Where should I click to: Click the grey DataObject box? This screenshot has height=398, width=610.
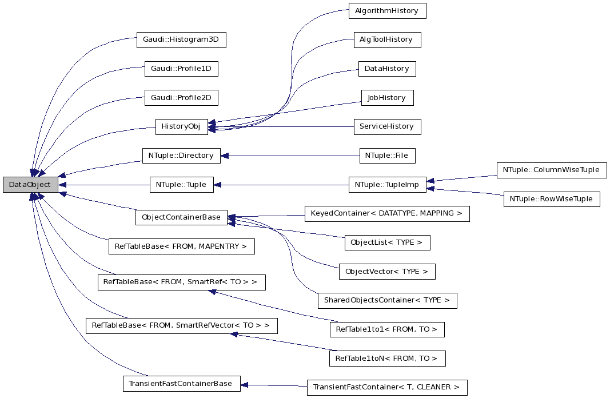(30, 185)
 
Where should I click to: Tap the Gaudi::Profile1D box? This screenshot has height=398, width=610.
(181, 69)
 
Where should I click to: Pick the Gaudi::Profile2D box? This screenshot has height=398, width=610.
(181, 98)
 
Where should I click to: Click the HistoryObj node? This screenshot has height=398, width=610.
(181, 126)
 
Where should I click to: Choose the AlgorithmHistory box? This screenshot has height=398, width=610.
(387, 10)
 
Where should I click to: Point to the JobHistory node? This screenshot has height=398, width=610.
(387, 97)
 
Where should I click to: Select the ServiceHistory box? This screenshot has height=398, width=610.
(387, 126)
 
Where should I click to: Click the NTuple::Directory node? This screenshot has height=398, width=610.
(181, 156)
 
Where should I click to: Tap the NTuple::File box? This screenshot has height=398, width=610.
(387, 156)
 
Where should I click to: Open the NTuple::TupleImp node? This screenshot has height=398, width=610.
(387, 185)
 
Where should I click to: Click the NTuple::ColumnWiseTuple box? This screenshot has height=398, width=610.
(552, 170)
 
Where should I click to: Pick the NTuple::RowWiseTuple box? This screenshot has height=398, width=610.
(552, 199)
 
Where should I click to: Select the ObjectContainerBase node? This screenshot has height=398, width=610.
(181, 217)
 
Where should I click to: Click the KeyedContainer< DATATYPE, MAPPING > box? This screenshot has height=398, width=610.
(387, 213)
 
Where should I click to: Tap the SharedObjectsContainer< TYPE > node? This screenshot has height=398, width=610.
(387, 300)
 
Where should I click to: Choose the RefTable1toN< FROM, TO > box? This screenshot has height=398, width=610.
(387, 359)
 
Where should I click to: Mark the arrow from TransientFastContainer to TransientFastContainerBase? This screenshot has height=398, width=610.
(273, 385)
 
